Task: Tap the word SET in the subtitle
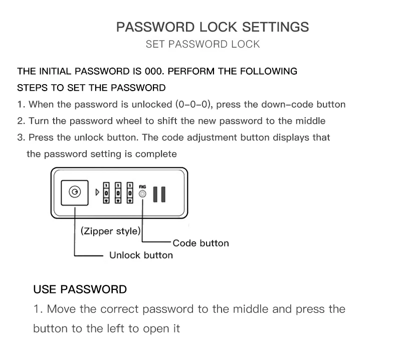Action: pos(155,44)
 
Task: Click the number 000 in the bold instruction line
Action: pos(151,71)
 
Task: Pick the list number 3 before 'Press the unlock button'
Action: pos(21,137)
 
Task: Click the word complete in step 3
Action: pos(158,154)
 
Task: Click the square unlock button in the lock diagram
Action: pos(75,193)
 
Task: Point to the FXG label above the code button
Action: pos(142,184)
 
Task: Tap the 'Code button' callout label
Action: pos(201,243)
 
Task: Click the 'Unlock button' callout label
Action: pos(141,255)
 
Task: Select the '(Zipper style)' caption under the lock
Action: pos(110,231)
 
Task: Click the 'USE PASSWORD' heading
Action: pos(80,289)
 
